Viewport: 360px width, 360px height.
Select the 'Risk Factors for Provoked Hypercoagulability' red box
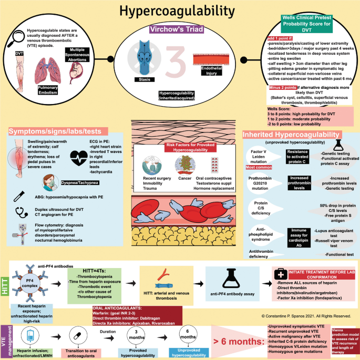pos(180,149)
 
